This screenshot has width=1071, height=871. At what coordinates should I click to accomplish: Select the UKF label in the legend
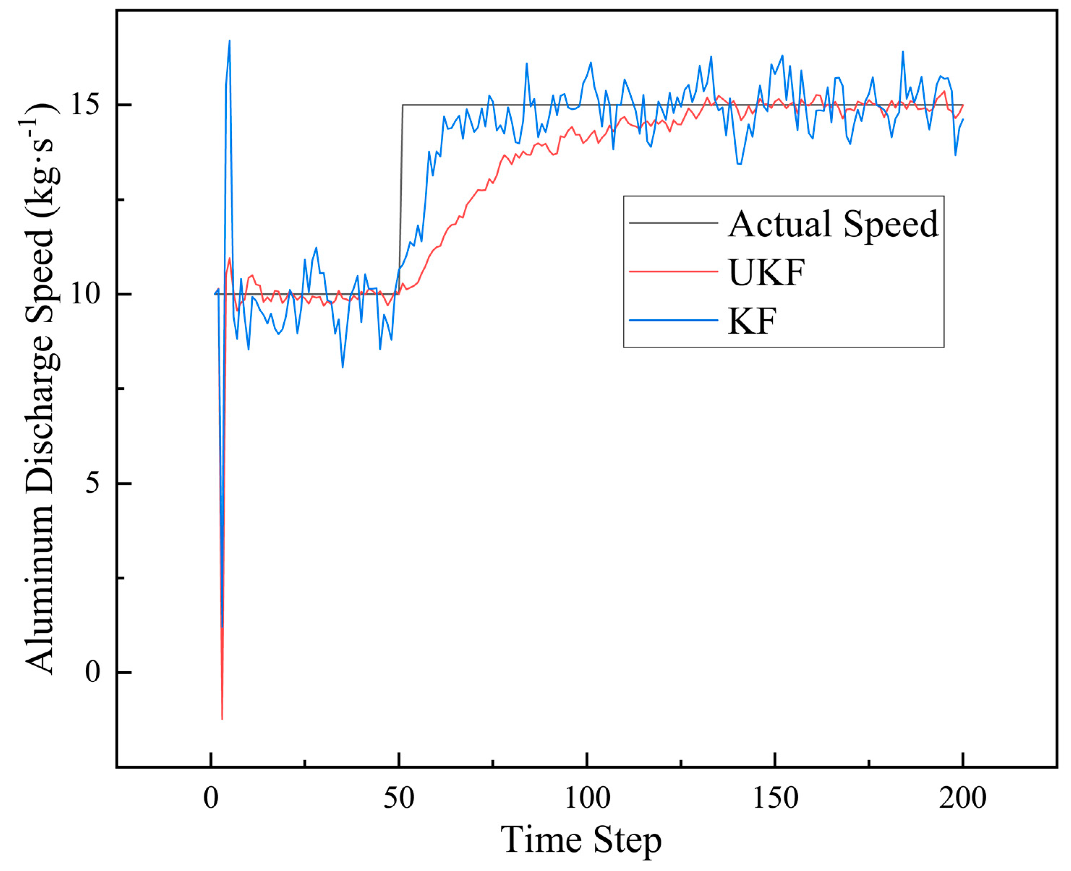point(766,272)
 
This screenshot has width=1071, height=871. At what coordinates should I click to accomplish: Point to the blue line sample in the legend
point(673,320)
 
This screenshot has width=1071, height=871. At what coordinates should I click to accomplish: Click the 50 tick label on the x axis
point(399,798)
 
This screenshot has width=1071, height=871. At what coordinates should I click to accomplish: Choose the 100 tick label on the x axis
point(587,798)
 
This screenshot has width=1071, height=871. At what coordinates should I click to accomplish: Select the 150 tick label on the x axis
point(775,798)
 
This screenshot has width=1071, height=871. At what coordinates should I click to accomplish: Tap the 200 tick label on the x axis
point(963,798)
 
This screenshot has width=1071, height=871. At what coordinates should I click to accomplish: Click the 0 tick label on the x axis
point(211,798)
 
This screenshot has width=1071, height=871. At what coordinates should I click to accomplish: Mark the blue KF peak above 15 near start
point(230,41)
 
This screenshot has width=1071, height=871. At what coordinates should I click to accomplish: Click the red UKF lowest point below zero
point(222,719)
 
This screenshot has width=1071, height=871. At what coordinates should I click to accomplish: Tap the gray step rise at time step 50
point(401,201)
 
